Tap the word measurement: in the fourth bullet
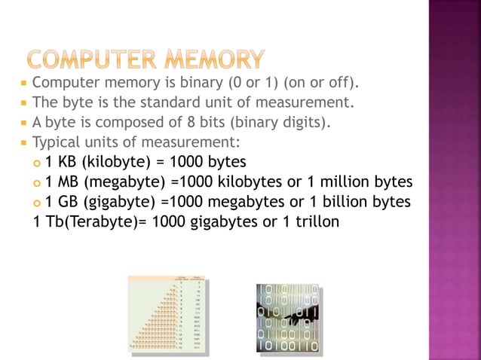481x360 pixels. [x=194, y=142]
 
